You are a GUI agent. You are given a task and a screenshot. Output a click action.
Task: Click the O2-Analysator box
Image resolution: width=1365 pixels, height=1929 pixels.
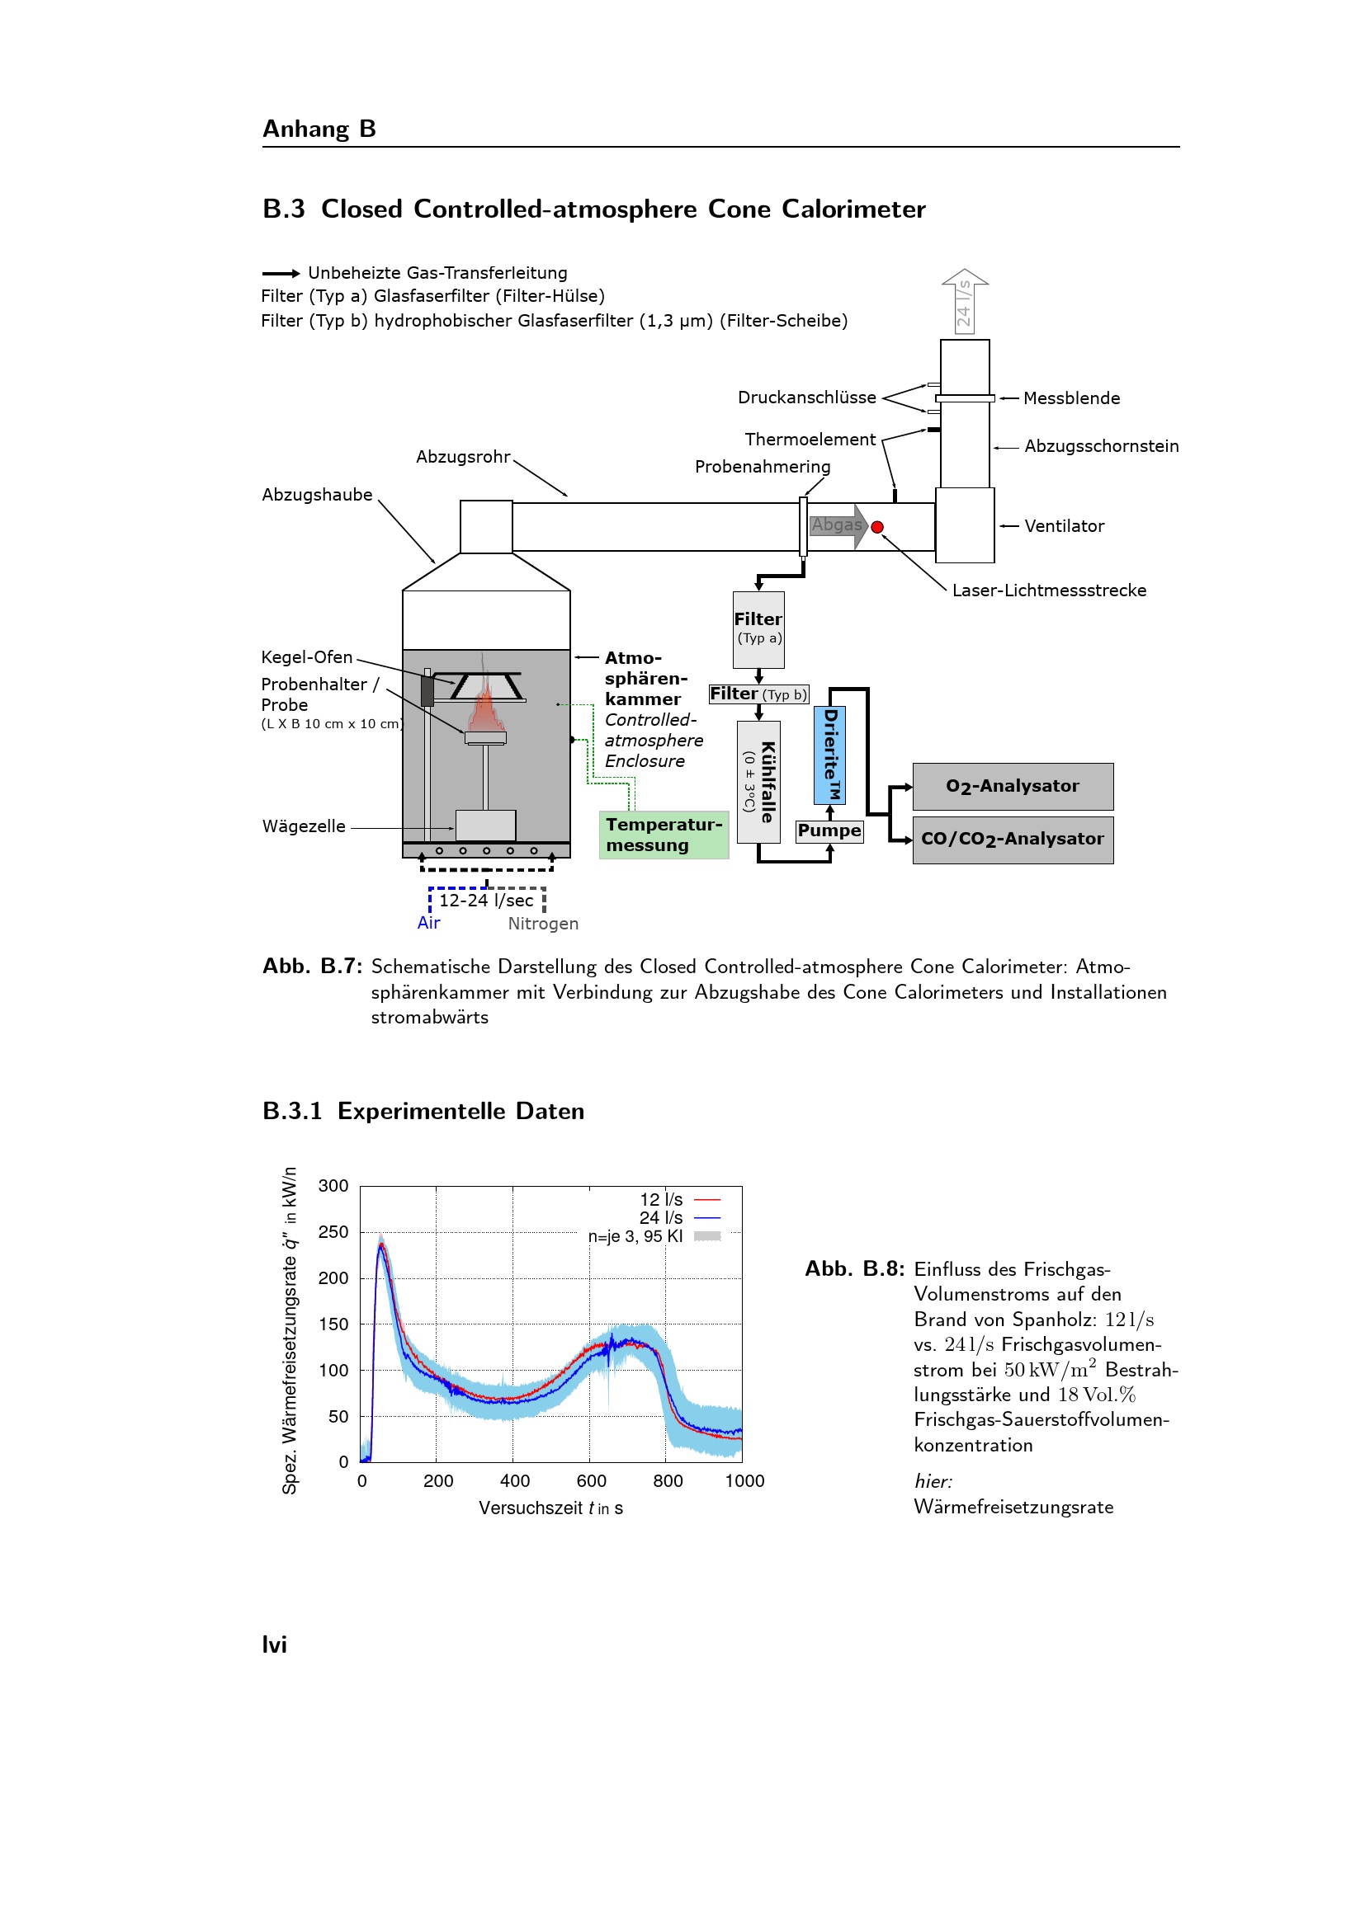coord(1013,787)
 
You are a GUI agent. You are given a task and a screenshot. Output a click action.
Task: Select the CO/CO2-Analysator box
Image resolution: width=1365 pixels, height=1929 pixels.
coord(1013,840)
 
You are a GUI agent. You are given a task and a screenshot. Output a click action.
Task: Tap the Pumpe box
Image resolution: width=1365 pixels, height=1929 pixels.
coord(829,831)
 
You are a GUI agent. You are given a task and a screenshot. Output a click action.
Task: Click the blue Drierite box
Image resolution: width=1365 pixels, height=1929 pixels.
coord(829,755)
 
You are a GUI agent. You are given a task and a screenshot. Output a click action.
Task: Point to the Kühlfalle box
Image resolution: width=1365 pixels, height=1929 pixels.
coord(758,781)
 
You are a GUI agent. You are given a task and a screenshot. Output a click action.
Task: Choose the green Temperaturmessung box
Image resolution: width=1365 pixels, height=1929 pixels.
coord(664,835)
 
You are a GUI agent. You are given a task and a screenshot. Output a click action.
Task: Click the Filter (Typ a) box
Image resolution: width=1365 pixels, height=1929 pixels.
coord(758,629)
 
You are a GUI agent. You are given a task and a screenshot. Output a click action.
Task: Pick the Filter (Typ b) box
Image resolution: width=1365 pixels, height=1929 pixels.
coord(758,694)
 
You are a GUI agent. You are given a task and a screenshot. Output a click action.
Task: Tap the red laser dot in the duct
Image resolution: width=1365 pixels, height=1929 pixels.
coord(877,527)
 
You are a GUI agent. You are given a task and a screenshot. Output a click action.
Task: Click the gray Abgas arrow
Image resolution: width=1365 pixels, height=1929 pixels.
coord(838,526)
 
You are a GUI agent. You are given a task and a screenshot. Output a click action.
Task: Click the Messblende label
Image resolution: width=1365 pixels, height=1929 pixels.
coord(1071,398)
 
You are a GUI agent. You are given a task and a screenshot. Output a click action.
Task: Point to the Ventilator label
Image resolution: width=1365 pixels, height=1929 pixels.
coord(1063,526)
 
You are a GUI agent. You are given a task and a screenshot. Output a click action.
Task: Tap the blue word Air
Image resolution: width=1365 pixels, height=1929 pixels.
coord(428,923)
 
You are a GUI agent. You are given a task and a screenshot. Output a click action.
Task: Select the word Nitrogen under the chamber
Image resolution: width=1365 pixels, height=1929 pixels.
coord(543,924)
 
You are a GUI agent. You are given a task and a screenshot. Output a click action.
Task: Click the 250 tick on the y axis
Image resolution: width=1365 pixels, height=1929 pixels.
coord(333,1231)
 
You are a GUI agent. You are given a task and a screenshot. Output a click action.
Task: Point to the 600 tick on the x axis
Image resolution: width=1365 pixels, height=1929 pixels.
coord(591,1480)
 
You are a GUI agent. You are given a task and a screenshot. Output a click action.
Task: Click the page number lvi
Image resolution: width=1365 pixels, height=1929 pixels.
coord(274,1644)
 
